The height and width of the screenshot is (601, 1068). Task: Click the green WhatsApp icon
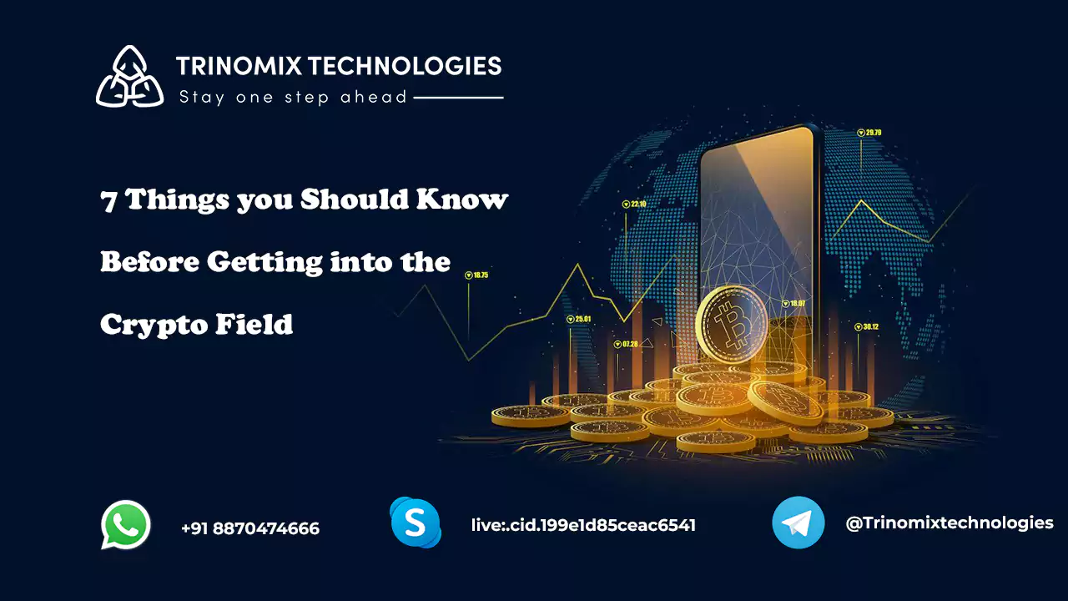[x=126, y=525]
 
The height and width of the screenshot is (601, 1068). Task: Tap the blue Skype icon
[x=415, y=523]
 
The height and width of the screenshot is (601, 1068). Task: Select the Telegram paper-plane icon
[x=798, y=523]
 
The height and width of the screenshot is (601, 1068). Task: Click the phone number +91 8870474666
[x=249, y=528]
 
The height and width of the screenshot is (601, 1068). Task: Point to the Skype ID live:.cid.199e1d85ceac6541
[x=583, y=525]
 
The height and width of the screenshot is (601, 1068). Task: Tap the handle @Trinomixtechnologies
[x=950, y=523]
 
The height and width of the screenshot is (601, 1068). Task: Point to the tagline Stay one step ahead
[x=293, y=98]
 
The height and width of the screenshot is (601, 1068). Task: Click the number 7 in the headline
[x=108, y=201]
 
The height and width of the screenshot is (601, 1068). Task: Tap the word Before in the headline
[x=149, y=262]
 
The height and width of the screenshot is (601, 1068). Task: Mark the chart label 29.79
[x=874, y=133]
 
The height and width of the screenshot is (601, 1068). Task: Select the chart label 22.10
[x=638, y=204]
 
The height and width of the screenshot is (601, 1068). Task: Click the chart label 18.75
[x=481, y=275]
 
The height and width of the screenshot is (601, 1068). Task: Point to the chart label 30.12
[x=870, y=326]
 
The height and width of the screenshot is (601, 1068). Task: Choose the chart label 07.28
[x=630, y=343]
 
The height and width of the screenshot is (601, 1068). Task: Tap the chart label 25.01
[x=582, y=319]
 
